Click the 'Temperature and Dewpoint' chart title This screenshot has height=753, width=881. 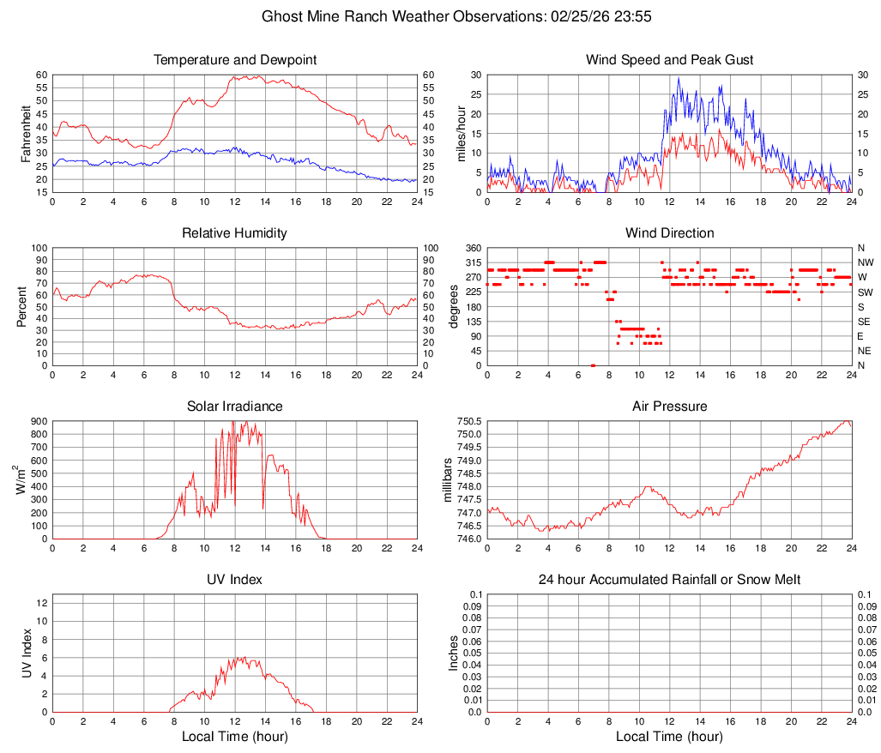click(x=234, y=60)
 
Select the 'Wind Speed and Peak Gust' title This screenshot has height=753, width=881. click(x=669, y=60)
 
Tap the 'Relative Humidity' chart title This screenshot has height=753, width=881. click(x=234, y=233)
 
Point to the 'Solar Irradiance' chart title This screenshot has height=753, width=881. click(x=234, y=407)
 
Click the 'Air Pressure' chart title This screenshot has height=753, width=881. click(x=669, y=407)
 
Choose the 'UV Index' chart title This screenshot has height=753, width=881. click(x=234, y=580)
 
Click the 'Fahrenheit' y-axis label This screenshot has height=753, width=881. click(x=27, y=133)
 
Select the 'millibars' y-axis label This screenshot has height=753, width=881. click(x=447, y=479)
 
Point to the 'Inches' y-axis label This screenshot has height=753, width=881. click(x=455, y=653)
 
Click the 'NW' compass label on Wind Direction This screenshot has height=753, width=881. click(x=866, y=262)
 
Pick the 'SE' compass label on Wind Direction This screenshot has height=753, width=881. click(x=865, y=322)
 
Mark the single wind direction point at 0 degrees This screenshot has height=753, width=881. click(x=593, y=365)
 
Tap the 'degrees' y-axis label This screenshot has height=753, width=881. click(x=455, y=306)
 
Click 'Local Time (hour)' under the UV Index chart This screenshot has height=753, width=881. click(x=234, y=737)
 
